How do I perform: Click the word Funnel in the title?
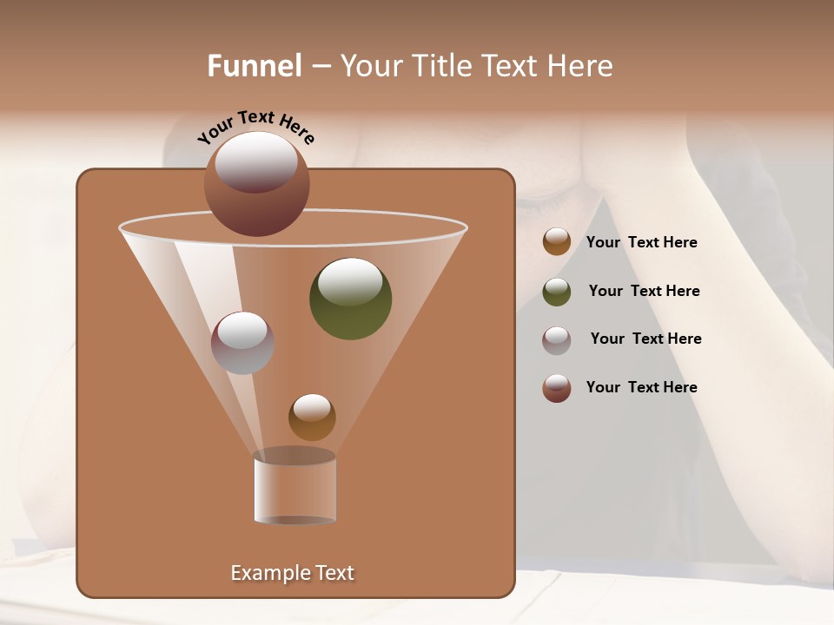(x=254, y=66)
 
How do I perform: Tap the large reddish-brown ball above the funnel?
(x=256, y=184)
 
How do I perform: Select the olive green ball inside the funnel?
(x=350, y=299)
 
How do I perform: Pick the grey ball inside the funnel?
(x=242, y=343)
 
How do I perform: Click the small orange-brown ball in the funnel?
(x=312, y=418)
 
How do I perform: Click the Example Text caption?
(x=292, y=573)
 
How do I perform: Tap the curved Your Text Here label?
(x=255, y=127)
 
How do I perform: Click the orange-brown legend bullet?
(x=557, y=242)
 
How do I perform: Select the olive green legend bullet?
(x=557, y=292)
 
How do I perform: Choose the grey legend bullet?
(x=557, y=339)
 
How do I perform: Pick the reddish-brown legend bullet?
(x=557, y=388)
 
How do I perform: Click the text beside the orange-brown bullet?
(x=641, y=243)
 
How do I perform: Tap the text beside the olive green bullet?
(x=644, y=292)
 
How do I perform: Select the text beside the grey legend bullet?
(x=645, y=339)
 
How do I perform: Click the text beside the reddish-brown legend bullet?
(x=641, y=388)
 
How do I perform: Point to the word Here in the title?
(x=580, y=66)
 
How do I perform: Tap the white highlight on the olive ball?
(x=350, y=280)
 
